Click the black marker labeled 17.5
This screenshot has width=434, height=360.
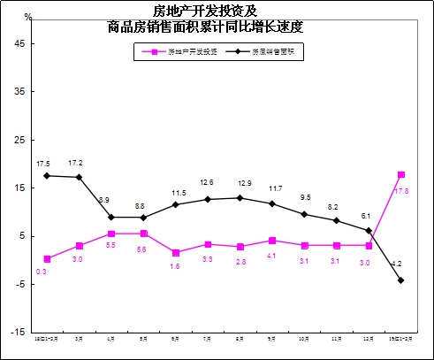tap(47, 175)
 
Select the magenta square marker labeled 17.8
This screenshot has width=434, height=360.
tap(401, 174)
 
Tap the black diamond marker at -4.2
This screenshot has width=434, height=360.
tap(401, 280)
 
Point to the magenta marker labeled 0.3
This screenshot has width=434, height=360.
tap(47, 258)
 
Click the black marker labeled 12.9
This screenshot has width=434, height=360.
tap(240, 197)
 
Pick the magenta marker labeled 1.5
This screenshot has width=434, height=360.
tap(176, 253)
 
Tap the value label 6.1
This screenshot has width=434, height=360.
tap(367, 216)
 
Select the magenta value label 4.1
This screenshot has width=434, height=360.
tap(272, 256)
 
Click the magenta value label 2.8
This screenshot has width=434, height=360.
tap(240, 261)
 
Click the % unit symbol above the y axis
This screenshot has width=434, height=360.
tap(27, 17)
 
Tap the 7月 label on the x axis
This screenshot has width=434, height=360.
tap(208, 338)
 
